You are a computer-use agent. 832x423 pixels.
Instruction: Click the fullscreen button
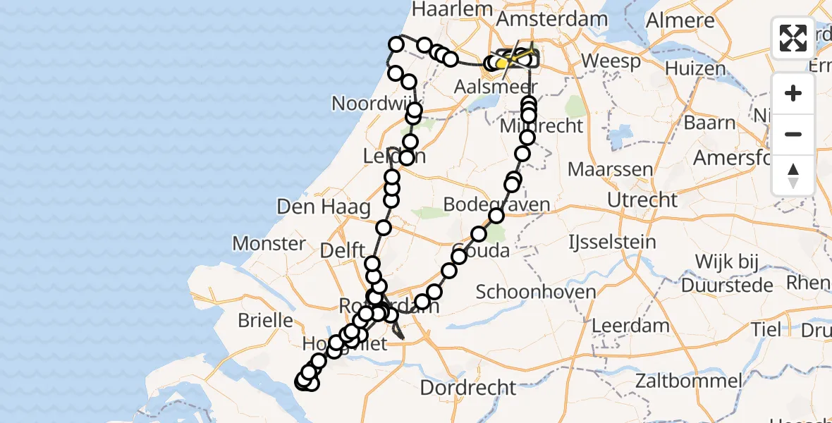point(793,38)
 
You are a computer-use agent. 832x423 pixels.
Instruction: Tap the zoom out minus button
point(793,134)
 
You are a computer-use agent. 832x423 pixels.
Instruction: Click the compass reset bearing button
point(793,176)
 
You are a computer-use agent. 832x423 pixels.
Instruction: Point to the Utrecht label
point(642,200)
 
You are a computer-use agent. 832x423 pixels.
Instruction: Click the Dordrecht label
point(468,387)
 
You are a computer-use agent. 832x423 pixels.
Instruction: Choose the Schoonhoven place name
point(536,292)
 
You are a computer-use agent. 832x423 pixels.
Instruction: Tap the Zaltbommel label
point(688,381)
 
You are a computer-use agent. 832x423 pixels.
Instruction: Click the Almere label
point(680,20)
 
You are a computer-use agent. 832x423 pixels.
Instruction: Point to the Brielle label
point(265,320)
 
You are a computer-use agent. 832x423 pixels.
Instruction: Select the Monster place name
point(269,244)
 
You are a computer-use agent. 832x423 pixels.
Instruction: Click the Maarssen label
point(601,170)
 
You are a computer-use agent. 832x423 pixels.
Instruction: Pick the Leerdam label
point(631,326)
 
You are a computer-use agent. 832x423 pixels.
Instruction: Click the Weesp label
point(611,61)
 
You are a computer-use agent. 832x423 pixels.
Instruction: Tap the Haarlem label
point(462,8)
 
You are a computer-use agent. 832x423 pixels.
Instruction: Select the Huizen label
point(695,69)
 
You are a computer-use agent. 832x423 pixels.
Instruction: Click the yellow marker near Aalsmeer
point(501,64)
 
